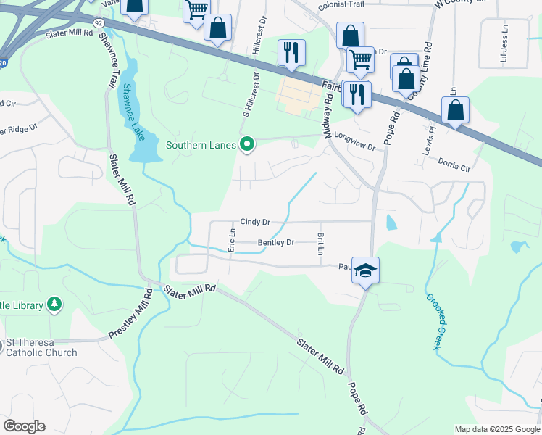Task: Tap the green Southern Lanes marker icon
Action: [247, 145]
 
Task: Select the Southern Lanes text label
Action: [201, 145]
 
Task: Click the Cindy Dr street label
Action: [255, 222]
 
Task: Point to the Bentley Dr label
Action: [276, 243]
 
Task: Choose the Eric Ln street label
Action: [232, 240]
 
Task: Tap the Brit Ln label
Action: [320, 244]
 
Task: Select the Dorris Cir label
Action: [455, 163]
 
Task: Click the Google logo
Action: [24, 426]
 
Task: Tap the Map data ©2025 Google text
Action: [496, 429]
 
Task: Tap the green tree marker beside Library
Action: [54, 304]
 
